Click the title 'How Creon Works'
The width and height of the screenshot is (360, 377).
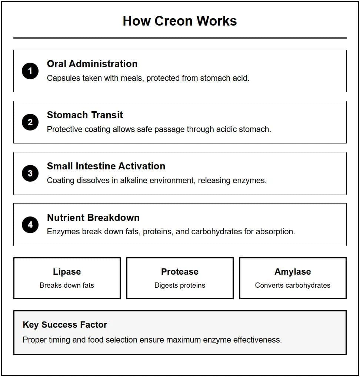pos(180,21)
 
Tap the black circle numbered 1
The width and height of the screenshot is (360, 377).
pos(30,71)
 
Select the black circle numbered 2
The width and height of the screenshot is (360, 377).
pos(30,122)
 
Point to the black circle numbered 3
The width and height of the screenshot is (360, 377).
pos(30,173)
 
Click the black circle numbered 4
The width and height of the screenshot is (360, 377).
pos(30,225)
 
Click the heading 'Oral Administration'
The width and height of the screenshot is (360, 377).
pos(92,64)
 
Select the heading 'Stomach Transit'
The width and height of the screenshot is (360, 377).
pos(85,115)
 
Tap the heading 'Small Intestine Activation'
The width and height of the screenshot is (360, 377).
pos(106,166)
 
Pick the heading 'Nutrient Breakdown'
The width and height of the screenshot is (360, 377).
pos(93,217)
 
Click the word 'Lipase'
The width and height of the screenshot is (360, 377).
pos(67,272)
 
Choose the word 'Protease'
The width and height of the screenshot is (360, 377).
pos(180,272)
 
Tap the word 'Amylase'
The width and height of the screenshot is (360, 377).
pos(293,272)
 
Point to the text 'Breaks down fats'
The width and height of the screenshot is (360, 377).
pos(67,285)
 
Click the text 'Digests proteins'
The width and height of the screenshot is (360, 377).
pos(180,285)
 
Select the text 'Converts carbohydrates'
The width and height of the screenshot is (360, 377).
pos(293,285)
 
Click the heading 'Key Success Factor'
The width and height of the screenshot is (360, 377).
pos(65,325)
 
